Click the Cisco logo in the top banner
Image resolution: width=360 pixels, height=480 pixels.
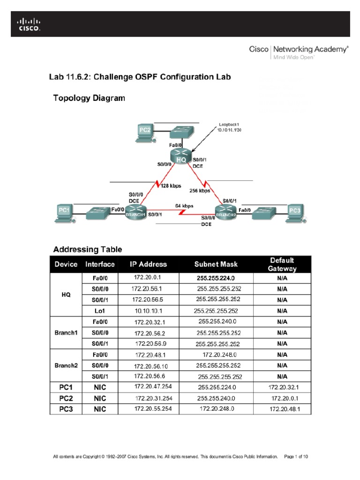[29, 24]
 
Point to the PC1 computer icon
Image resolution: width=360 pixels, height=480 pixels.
[64, 211]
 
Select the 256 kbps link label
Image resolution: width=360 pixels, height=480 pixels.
[200, 191]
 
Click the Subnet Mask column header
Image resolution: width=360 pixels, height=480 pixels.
[216, 264]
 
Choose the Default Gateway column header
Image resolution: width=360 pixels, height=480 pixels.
[282, 264]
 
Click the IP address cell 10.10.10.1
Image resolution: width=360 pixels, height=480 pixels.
[148, 311]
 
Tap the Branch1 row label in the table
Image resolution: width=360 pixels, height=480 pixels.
[66, 332]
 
